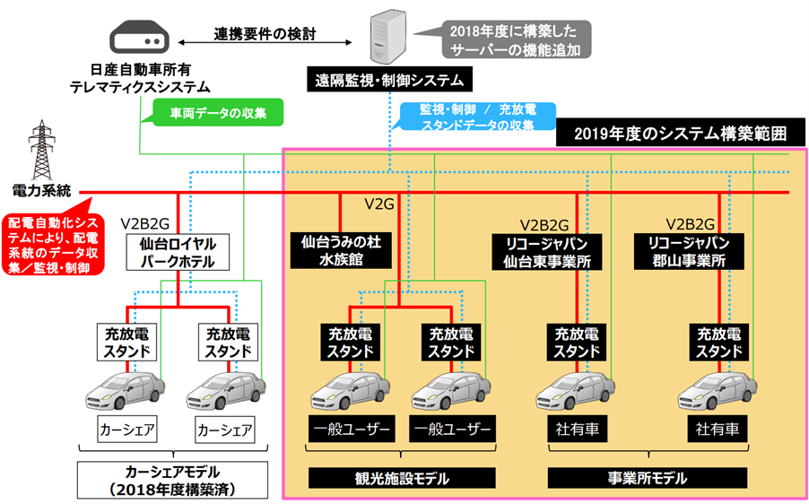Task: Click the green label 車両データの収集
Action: [x=213, y=113]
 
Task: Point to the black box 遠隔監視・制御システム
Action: [x=388, y=81]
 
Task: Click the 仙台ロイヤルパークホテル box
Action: [x=178, y=251]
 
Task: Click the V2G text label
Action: [x=380, y=205]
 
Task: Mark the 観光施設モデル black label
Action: [x=401, y=476]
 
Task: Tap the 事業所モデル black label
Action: [x=618, y=476]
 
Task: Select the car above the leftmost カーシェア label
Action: [x=126, y=391]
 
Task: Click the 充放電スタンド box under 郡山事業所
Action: [x=719, y=342]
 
